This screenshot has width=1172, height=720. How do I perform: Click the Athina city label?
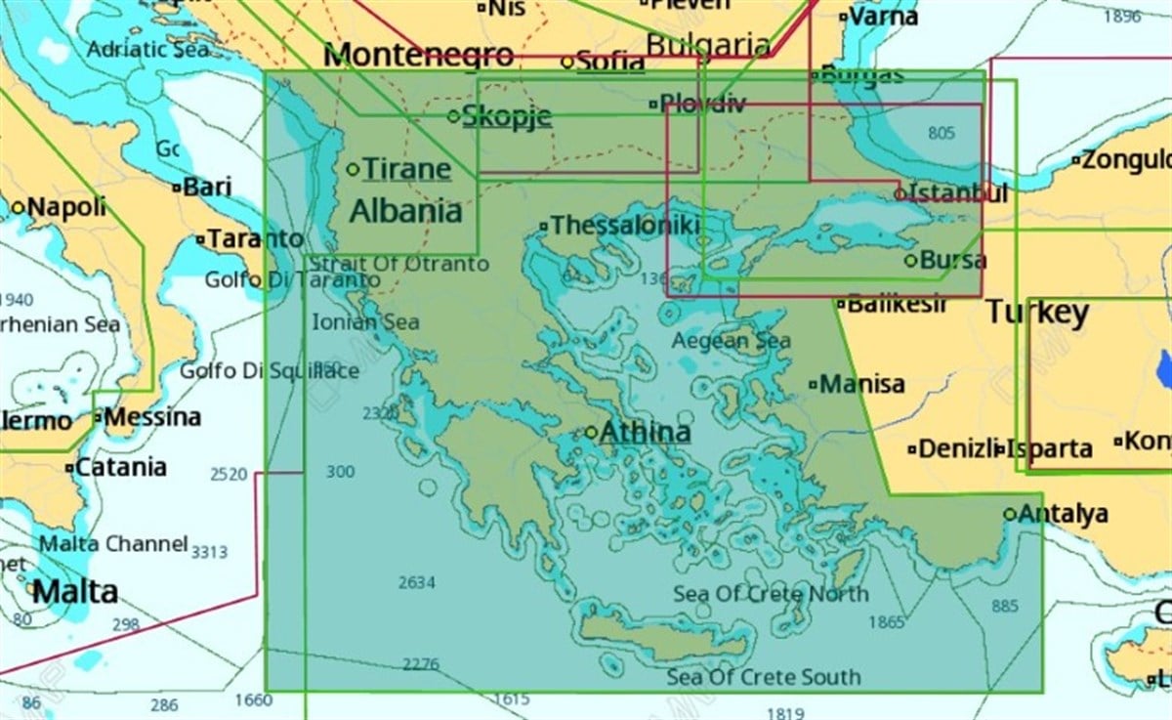(x=645, y=432)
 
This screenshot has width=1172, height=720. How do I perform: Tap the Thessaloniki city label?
(x=624, y=226)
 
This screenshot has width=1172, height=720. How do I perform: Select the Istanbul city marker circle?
(x=900, y=194)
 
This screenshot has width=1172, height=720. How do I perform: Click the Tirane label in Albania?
(x=406, y=169)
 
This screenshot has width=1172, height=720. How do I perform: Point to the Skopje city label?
(x=506, y=116)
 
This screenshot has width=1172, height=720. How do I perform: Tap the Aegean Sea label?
(x=731, y=341)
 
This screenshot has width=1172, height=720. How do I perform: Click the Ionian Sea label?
(x=365, y=322)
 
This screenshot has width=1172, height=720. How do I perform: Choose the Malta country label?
(x=74, y=591)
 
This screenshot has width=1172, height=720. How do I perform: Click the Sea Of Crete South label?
(x=764, y=677)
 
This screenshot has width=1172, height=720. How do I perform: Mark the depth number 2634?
(x=417, y=583)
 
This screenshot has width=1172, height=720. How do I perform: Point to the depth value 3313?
(x=209, y=552)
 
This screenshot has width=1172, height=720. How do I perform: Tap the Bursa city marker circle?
(x=910, y=261)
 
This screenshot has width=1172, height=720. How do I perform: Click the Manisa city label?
(x=861, y=384)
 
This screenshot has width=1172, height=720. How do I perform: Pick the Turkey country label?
(x=1036, y=313)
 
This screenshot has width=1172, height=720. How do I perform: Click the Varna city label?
(x=883, y=17)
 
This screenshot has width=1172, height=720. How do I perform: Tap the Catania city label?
(x=122, y=467)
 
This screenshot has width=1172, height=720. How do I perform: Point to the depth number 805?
(x=942, y=133)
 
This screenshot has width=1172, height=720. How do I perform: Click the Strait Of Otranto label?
(x=399, y=264)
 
